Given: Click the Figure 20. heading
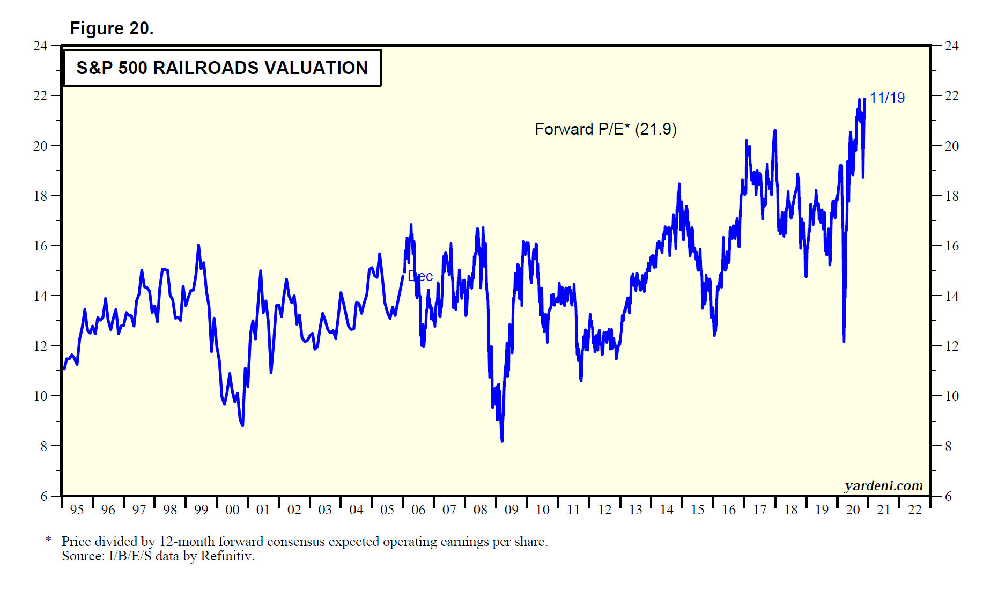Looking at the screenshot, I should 112,28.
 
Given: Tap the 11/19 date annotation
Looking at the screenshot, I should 887,98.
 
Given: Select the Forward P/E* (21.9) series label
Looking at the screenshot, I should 605,129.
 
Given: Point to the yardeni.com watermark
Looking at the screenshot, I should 883,486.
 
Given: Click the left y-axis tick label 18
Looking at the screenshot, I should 40,196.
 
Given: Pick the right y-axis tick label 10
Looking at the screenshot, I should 951,396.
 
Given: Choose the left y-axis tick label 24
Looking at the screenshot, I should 40,46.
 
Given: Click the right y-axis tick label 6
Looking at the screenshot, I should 948,497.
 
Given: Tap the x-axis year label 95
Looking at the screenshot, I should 77,510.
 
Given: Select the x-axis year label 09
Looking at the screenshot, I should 512,510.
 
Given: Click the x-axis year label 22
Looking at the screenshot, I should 915,510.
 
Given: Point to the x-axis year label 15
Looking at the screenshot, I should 698,510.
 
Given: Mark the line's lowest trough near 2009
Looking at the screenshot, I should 502,441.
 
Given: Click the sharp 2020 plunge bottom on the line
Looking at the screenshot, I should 844,341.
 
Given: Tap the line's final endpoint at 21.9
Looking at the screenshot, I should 864,99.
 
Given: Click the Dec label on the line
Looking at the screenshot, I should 420,276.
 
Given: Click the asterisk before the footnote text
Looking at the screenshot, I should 48,540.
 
